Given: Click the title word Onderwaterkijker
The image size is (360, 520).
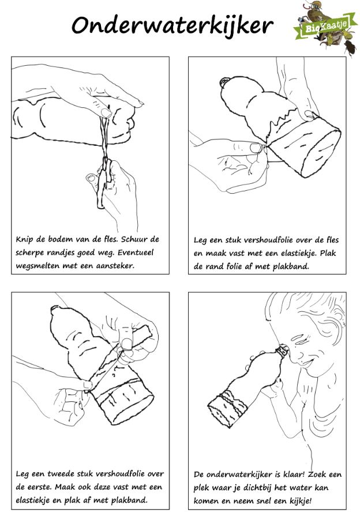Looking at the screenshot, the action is click(x=172, y=26).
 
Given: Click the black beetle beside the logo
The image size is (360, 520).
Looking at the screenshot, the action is click(x=351, y=48).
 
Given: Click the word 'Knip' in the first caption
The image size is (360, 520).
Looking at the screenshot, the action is click(x=24, y=240).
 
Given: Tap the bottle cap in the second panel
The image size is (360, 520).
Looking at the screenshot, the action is click(x=224, y=82).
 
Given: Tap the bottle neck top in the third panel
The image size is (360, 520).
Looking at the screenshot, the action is click(x=55, y=311).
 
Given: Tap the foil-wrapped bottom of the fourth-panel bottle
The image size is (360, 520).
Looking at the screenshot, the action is click(x=228, y=407).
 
